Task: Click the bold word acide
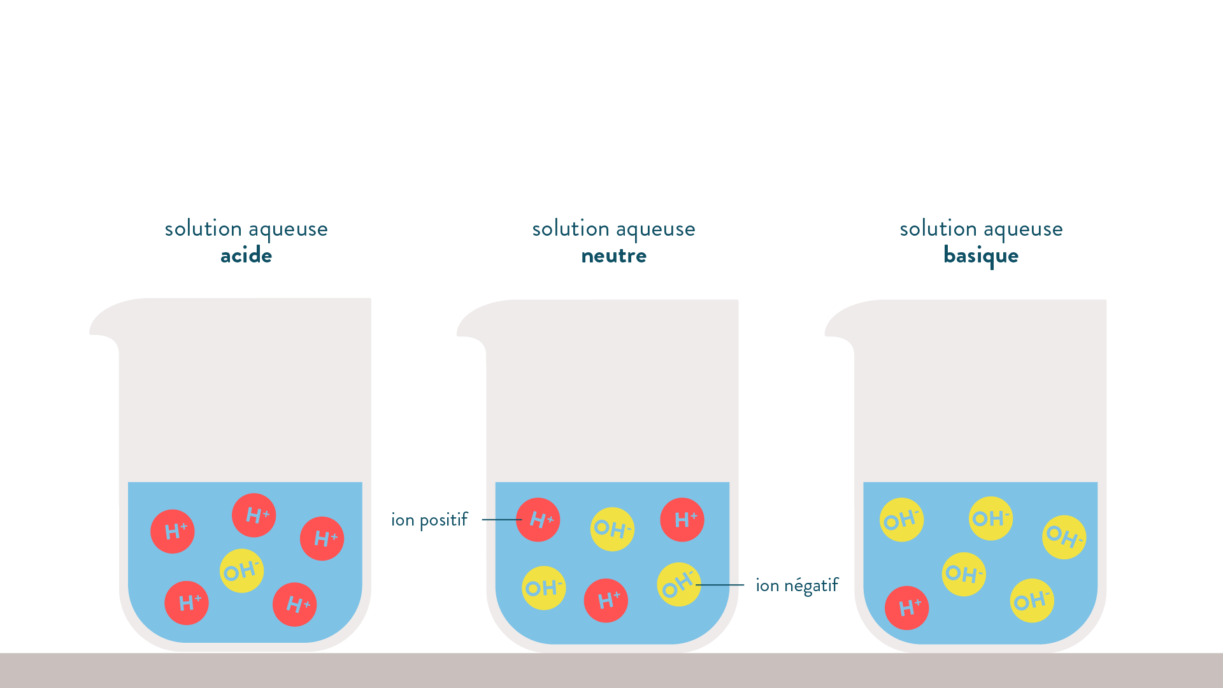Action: click(246, 256)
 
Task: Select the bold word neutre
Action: click(613, 256)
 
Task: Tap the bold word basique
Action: click(981, 256)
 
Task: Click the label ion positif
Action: click(429, 520)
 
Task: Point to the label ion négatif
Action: click(797, 585)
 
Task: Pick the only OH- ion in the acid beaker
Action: click(241, 571)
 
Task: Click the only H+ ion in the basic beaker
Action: click(906, 608)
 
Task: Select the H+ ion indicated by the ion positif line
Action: click(538, 520)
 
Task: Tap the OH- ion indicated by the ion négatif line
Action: click(678, 584)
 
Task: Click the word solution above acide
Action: click(203, 229)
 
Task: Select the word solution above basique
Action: click(938, 229)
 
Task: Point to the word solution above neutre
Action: click(571, 229)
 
